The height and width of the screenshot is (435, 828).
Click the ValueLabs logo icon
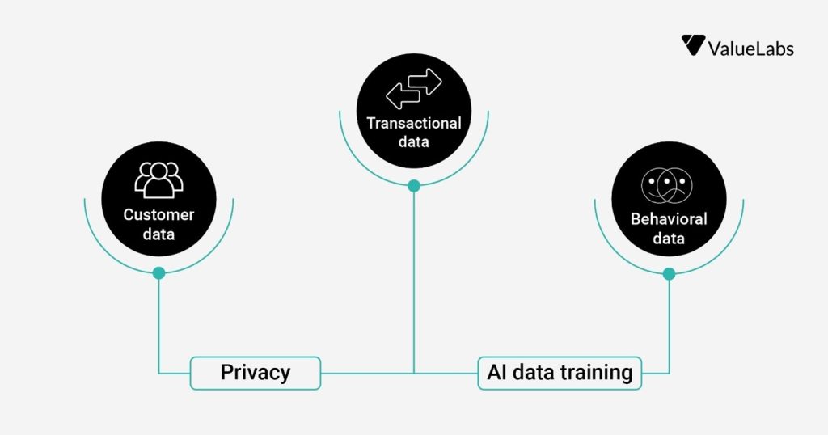693,45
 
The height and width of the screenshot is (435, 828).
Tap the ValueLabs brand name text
750,49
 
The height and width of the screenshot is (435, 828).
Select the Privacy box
256,373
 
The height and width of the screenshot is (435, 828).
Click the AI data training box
560,373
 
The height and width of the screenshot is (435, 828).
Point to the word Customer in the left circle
158,215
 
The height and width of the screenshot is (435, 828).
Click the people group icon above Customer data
158,180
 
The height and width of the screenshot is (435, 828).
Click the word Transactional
414,124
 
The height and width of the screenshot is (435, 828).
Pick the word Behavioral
669,219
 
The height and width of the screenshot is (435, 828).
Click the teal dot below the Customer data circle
158,273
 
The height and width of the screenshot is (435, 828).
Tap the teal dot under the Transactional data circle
414,186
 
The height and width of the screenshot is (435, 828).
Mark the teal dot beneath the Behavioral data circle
669,274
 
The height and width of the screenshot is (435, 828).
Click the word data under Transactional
414,142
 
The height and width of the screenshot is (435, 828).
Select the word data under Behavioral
669,239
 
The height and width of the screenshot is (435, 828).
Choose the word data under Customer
158,235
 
